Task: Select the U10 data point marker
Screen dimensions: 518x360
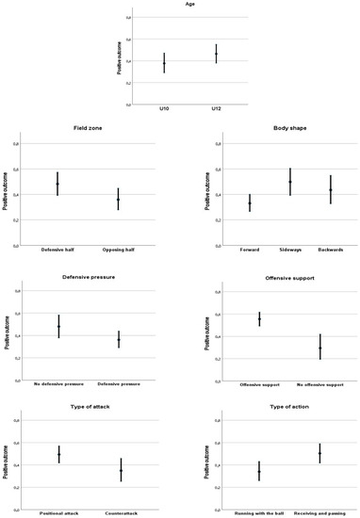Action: (x=138, y=63)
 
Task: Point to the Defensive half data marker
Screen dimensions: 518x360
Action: (x=57, y=184)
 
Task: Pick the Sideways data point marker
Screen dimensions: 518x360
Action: (x=290, y=182)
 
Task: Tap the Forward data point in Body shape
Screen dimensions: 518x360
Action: (x=250, y=203)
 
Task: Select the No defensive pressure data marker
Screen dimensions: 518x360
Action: (x=57, y=327)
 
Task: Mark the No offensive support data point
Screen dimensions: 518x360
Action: (x=319, y=348)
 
